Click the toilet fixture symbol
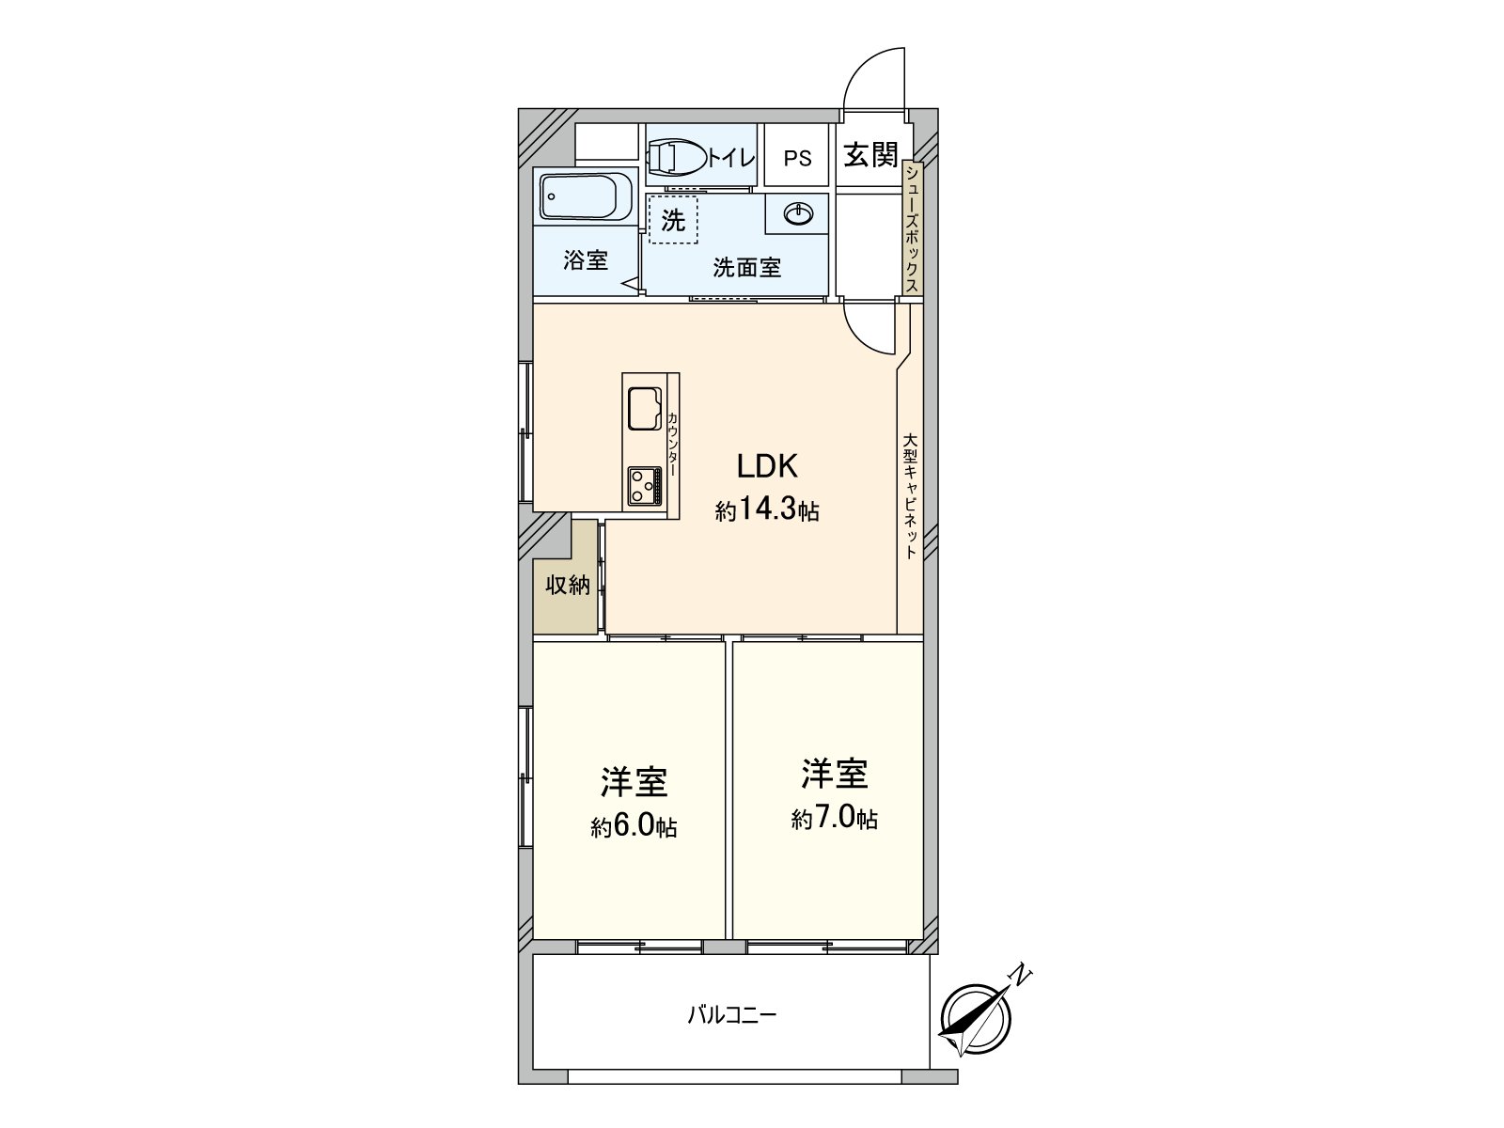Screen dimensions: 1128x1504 pos(675,157)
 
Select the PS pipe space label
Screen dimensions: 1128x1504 pos(797,158)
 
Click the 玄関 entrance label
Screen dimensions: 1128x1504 pos(870,155)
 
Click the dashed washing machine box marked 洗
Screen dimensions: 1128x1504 pos(673,220)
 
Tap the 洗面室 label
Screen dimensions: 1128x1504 pos(746,268)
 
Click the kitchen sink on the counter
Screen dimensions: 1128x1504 pos(645,410)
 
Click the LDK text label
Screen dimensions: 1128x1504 pos(766,466)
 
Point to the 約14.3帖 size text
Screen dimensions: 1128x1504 pos(766,510)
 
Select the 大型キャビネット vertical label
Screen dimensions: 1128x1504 pos(909,495)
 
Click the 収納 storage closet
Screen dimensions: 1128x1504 pos(567,586)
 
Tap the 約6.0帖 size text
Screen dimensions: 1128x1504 pos(634,826)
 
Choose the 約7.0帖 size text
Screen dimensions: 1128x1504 pos(834,819)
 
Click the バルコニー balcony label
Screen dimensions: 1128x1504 pos(731,1015)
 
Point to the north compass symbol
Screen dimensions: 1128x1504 pos(975,1019)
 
